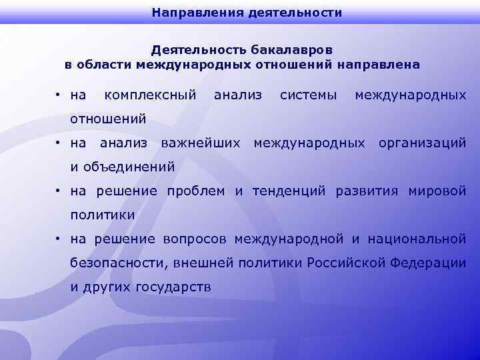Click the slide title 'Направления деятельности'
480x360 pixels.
247,12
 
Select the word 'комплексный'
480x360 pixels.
150,96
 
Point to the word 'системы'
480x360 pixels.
308,96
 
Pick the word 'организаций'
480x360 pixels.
422,143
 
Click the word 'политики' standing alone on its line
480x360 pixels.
103,215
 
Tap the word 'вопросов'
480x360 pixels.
191,239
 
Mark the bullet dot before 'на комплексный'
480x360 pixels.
59,97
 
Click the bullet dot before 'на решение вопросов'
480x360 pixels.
59,239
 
